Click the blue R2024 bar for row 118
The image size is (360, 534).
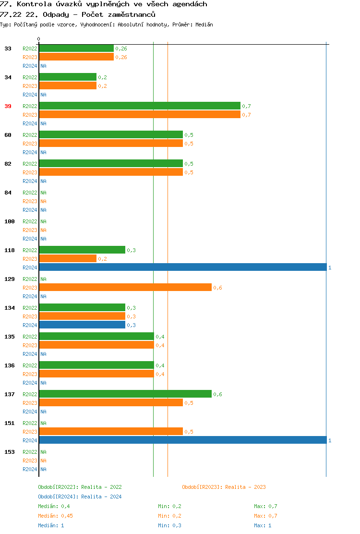click(182, 267)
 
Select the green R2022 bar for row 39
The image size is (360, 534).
click(139, 106)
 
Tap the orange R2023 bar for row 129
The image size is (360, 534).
click(125, 287)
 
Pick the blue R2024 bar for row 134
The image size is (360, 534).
click(82, 325)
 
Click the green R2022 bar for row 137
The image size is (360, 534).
click(125, 394)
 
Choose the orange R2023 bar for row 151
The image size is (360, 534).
click(110, 431)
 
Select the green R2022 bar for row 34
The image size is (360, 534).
click(67, 77)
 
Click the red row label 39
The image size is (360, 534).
click(8, 106)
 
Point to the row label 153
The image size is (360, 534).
click(10, 452)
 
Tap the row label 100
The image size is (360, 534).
click(10, 221)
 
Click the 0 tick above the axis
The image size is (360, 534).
click(39, 39)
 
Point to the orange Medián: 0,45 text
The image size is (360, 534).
click(55, 516)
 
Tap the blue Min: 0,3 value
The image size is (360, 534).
click(169, 525)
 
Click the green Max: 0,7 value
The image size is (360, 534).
click(265, 506)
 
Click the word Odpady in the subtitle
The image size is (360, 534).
click(56, 14)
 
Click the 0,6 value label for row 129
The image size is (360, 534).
click(217, 288)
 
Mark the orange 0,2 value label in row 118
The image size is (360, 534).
click(102, 259)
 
